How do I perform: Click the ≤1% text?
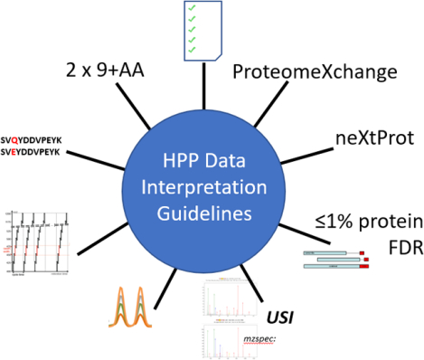[330, 199]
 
